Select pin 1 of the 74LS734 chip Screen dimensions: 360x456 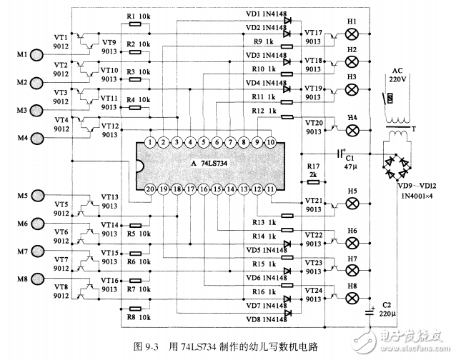click(x=149, y=142)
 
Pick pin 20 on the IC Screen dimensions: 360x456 click(x=149, y=189)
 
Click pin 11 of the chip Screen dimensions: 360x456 click(x=271, y=189)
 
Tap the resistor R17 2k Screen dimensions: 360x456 click(x=309, y=182)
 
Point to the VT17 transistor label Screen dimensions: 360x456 click(x=314, y=33)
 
